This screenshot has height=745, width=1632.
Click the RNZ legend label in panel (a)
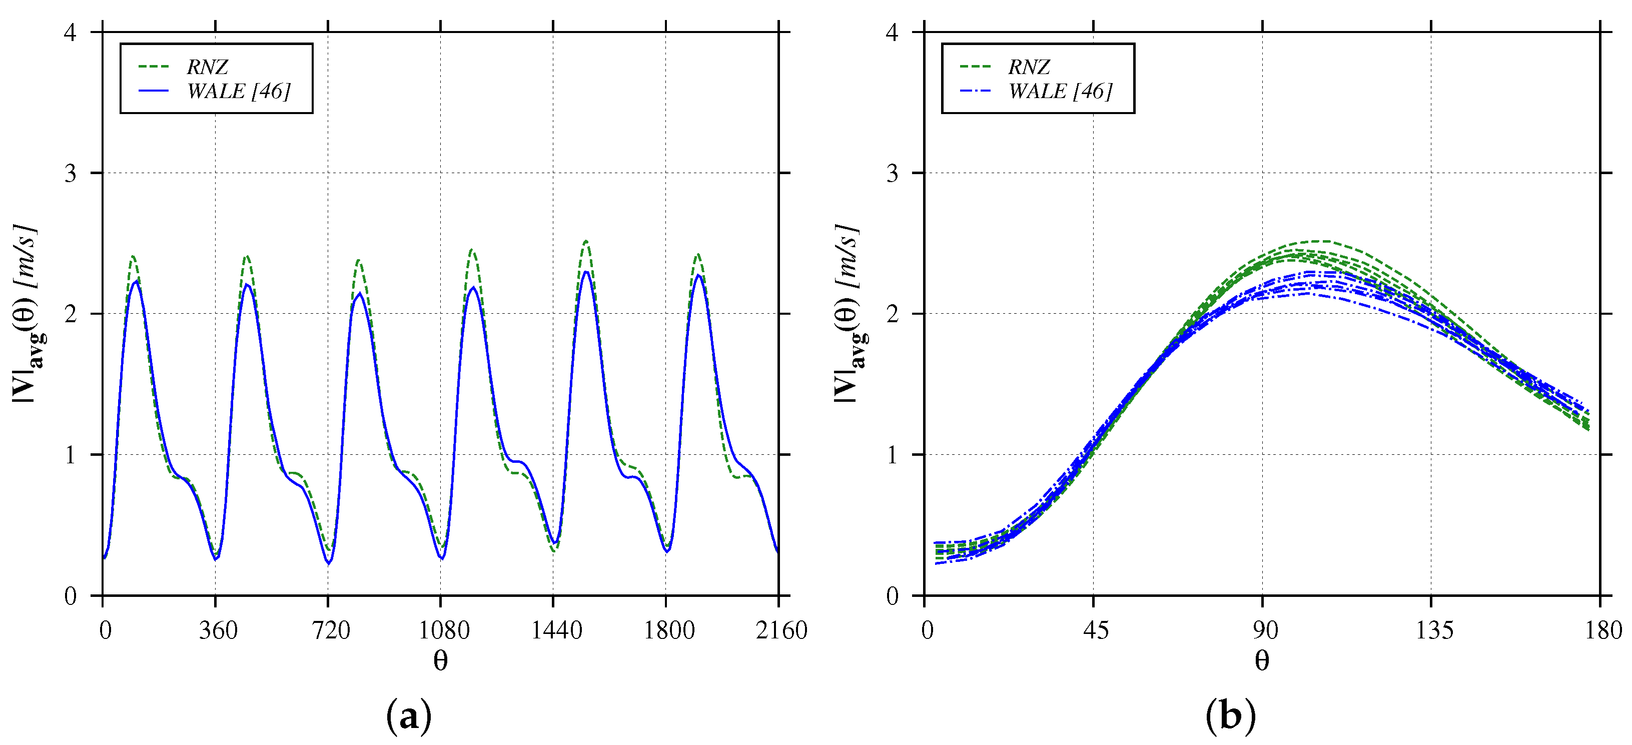coord(207,67)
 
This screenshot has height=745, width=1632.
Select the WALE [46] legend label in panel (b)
coord(1060,91)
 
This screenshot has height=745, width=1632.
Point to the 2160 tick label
coord(781,630)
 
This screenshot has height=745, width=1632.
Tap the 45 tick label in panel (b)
coord(1095,630)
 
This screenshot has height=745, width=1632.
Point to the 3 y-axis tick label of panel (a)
coord(71,173)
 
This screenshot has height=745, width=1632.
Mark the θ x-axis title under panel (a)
coord(440,661)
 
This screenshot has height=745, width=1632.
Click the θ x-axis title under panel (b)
coord(1261,661)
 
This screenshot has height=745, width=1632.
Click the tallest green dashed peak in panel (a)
coord(586,241)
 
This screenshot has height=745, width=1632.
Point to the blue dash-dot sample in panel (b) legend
coord(975,91)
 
